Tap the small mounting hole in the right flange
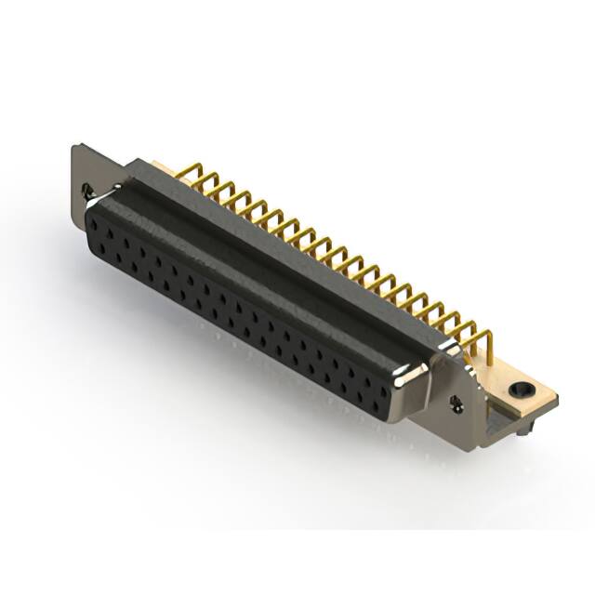point(456,402)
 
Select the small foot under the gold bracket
point(526,430)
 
